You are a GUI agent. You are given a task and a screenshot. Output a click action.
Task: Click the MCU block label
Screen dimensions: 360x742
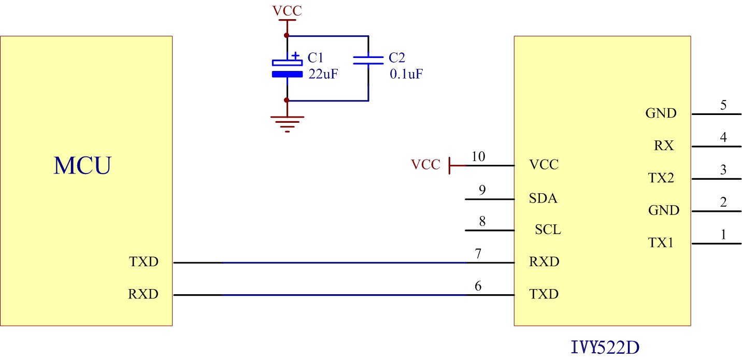[x=82, y=165]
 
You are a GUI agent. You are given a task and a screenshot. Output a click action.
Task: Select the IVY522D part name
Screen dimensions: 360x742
[x=605, y=347]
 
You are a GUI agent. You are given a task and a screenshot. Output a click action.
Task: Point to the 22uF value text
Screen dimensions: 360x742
[x=323, y=74]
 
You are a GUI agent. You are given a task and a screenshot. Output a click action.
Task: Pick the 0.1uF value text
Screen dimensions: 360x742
[x=406, y=74]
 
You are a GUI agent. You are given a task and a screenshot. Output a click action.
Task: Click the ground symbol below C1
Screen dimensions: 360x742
[x=287, y=124]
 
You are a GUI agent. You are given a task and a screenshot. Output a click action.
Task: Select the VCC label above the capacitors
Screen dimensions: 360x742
[x=287, y=11]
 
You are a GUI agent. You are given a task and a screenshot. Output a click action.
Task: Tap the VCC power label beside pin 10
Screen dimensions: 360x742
[x=425, y=165]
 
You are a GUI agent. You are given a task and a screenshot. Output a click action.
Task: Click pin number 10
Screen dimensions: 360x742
[x=478, y=156]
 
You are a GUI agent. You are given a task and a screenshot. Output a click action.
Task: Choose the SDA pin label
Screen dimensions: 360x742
[x=543, y=198]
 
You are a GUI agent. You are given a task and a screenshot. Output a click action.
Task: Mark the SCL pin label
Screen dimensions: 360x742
[x=548, y=229]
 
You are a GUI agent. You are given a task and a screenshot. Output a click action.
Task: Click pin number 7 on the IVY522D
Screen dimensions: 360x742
[x=478, y=254]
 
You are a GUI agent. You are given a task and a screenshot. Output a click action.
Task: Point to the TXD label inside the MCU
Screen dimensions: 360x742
[x=143, y=262]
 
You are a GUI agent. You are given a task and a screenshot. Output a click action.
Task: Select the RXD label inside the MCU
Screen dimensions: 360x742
[x=143, y=295]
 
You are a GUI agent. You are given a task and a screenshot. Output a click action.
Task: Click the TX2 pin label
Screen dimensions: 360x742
[x=661, y=178]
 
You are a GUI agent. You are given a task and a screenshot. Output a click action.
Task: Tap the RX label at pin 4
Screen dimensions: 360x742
[x=663, y=146]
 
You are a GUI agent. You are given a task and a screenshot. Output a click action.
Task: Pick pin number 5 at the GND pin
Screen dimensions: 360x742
[x=723, y=106]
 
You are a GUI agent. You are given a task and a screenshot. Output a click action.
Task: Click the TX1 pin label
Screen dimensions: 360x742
[x=661, y=242]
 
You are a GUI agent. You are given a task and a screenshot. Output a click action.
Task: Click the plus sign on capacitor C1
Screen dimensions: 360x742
[x=295, y=55]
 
